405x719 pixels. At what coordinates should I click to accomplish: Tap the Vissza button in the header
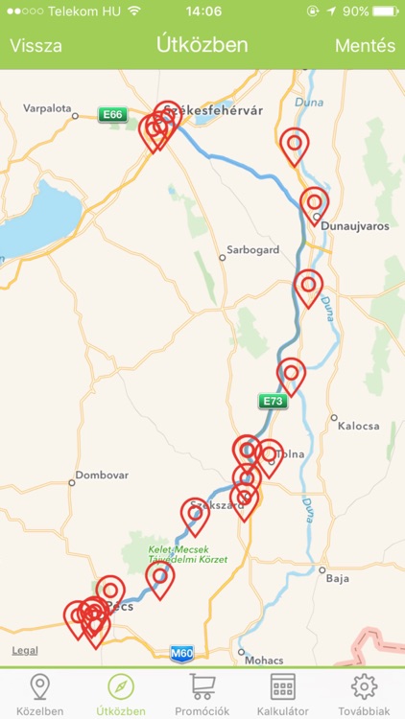tap(36, 45)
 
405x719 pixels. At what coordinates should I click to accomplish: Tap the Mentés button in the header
tap(365, 45)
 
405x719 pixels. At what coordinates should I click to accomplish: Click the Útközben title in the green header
tap(202, 45)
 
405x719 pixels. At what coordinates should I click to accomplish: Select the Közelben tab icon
tap(39, 686)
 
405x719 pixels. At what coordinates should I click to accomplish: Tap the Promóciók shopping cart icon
tap(202, 686)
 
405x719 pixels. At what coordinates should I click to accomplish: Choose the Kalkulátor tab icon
tap(282, 686)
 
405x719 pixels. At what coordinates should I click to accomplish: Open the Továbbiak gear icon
tap(364, 686)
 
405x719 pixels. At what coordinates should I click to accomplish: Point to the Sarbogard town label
tap(252, 250)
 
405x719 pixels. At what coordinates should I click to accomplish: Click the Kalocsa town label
tap(359, 425)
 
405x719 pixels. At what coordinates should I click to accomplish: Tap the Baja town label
tap(337, 578)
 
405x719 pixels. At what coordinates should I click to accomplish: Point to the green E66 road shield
tap(113, 115)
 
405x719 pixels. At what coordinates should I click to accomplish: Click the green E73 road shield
tap(273, 402)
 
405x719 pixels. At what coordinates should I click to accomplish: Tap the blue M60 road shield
tap(182, 654)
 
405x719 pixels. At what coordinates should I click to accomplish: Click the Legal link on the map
tap(25, 651)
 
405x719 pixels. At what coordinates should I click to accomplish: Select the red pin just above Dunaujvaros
tap(314, 202)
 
